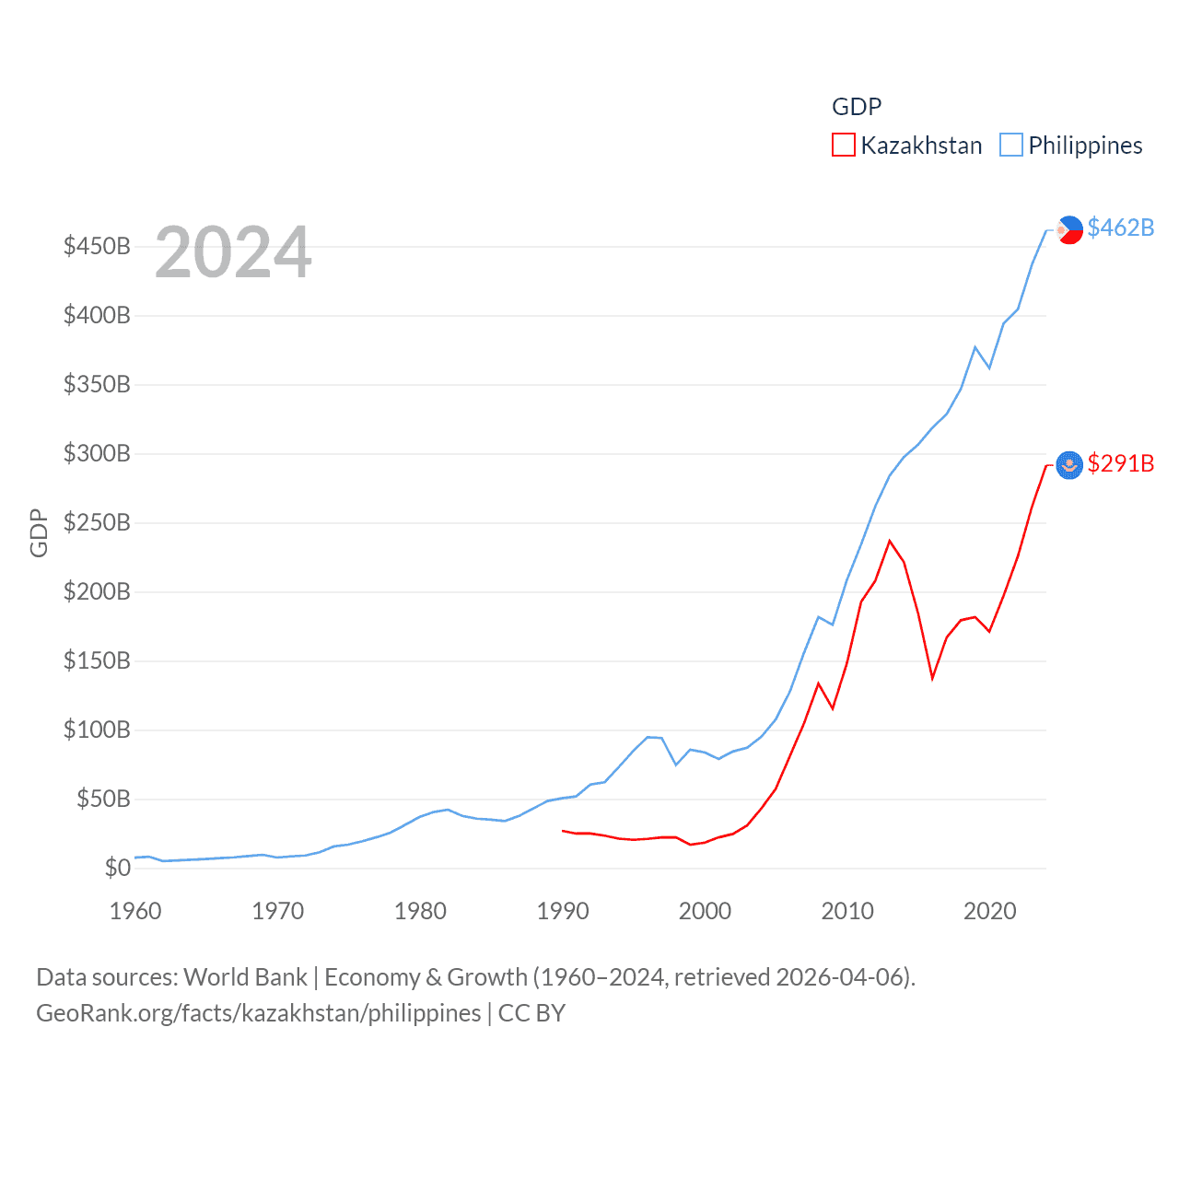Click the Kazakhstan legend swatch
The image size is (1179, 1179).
843,146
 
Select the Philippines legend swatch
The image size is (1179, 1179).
1010,146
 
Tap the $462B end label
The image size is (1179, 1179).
1120,228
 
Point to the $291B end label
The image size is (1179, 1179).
1120,463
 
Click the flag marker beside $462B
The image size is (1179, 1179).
1069,229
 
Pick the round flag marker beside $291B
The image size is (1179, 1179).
1069,465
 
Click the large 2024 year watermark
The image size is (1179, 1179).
233,252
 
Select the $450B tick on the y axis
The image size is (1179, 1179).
97,247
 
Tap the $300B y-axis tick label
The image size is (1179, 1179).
97,454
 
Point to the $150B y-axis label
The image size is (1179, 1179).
97,661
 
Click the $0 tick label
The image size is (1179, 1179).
117,868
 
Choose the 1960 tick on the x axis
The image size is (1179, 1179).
135,912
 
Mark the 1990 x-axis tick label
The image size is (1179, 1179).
563,912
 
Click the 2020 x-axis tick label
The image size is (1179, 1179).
989,912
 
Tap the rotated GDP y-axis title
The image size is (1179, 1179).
39,532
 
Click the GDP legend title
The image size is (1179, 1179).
857,107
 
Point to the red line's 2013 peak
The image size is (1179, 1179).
890,541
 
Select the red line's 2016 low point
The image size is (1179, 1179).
932,679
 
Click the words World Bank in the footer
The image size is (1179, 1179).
245,977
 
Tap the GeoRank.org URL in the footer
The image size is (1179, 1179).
258,1013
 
